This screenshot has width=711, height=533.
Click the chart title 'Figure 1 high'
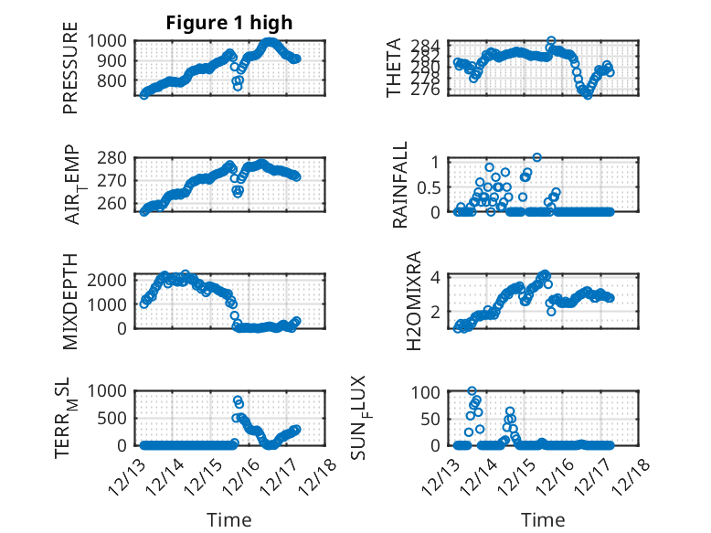228,23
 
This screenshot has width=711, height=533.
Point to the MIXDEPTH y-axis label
70,300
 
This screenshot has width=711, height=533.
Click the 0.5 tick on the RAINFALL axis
429,187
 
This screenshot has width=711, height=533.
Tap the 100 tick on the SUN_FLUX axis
431,392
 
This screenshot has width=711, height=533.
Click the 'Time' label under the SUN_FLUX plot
543,520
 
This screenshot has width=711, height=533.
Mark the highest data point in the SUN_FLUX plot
472,391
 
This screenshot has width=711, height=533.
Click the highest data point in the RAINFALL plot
536,157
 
